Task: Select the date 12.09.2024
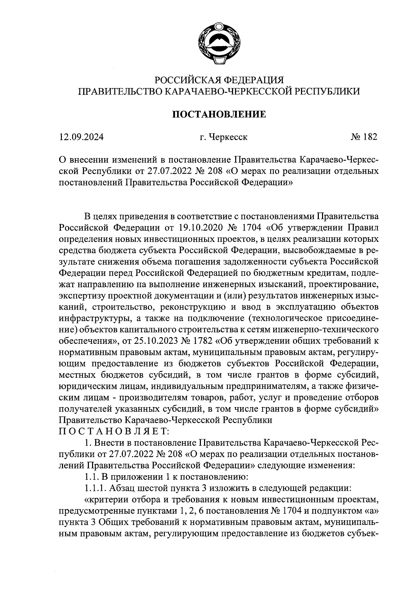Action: (x=82, y=137)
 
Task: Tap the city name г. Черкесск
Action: (x=223, y=137)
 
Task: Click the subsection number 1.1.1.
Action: (x=96, y=487)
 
